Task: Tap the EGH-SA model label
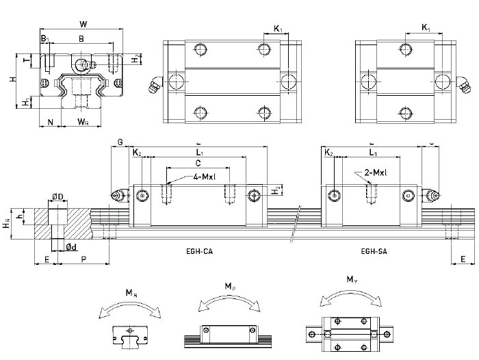pyautogui.click(x=373, y=251)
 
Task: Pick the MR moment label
pyautogui.click(x=130, y=293)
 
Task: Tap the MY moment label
pyautogui.click(x=352, y=279)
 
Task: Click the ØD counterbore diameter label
pyautogui.click(x=59, y=197)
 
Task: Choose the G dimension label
pyautogui.click(x=120, y=142)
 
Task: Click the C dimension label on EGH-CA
pyautogui.click(x=198, y=164)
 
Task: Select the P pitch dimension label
pyautogui.click(x=83, y=259)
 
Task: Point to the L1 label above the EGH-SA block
pyautogui.click(x=372, y=152)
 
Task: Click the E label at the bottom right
pyautogui.click(x=463, y=259)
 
